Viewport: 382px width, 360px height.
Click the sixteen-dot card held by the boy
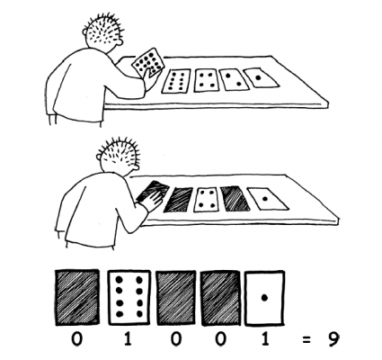(x=148, y=62)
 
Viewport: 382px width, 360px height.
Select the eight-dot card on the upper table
(x=176, y=81)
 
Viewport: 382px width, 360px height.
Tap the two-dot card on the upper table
(x=235, y=79)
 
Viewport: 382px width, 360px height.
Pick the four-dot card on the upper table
(x=207, y=80)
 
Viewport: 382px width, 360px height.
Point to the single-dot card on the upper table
(x=261, y=77)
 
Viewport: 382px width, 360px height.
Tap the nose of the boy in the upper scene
(x=119, y=42)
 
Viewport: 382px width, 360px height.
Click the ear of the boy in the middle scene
(x=100, y=157)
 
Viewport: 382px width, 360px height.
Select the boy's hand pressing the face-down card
(x=152, y=201)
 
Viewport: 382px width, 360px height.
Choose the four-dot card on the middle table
(x=206, y=200)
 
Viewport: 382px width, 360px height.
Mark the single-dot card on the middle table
(x=268, y=198)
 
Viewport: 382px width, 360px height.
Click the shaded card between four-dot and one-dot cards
(x=235, y=198)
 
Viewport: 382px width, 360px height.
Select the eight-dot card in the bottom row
(x=129, y=297)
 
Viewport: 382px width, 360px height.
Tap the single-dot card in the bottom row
(x=264, y=298)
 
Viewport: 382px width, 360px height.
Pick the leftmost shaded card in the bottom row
(x=77, y=297)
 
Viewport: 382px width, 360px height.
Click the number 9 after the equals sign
(x=333, y=339)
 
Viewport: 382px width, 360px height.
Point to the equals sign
(x=306, y=340)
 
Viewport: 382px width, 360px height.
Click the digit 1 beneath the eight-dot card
(x=128, y=339)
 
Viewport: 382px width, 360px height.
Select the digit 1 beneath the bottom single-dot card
(x=265, y=339)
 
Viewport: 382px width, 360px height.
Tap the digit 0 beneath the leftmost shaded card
(x=76, y=339)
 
